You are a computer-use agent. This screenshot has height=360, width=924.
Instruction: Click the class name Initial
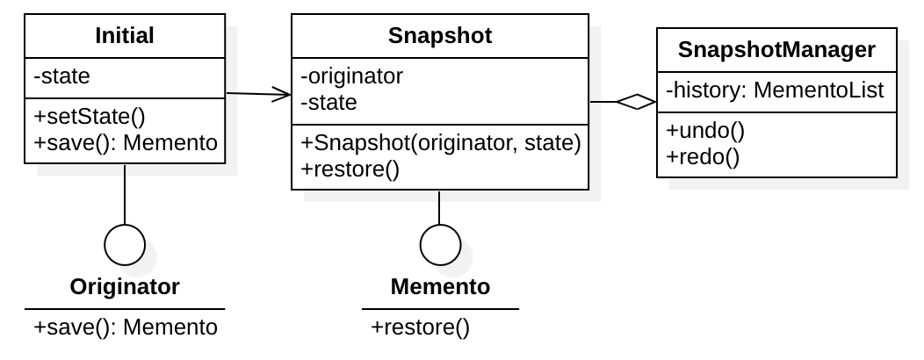tap(124, 35)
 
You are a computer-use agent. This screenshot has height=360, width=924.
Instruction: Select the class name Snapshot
tap(439, 35)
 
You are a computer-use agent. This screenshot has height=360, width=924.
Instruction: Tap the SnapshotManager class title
tap(776, 50)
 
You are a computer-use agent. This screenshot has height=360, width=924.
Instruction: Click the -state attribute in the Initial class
tap(61, 77)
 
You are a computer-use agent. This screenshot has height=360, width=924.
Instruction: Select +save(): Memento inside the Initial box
tap(125, 142)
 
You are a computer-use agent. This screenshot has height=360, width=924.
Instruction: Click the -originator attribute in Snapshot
tap(351, 77)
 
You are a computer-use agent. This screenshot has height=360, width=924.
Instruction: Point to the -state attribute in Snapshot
tap(328, 102)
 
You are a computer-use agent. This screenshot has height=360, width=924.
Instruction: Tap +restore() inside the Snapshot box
tap(350, 169)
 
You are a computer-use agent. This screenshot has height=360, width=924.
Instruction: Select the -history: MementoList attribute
tap(775, 90)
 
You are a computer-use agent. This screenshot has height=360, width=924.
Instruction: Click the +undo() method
tap(704, 132)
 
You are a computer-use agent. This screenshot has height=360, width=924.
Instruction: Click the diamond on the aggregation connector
tap(636, 103)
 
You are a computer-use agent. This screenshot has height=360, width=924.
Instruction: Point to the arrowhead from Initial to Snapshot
tap(283, 95)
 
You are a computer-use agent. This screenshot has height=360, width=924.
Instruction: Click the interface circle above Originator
tap(125, 243)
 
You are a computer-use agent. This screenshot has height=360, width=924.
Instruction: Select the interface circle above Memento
tap(439, 243)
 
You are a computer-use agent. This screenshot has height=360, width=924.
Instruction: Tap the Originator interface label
tap(125, 286)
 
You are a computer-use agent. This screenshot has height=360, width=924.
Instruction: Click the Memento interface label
tap(440, 286)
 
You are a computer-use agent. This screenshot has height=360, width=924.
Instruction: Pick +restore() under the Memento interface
tap(421, 328)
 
